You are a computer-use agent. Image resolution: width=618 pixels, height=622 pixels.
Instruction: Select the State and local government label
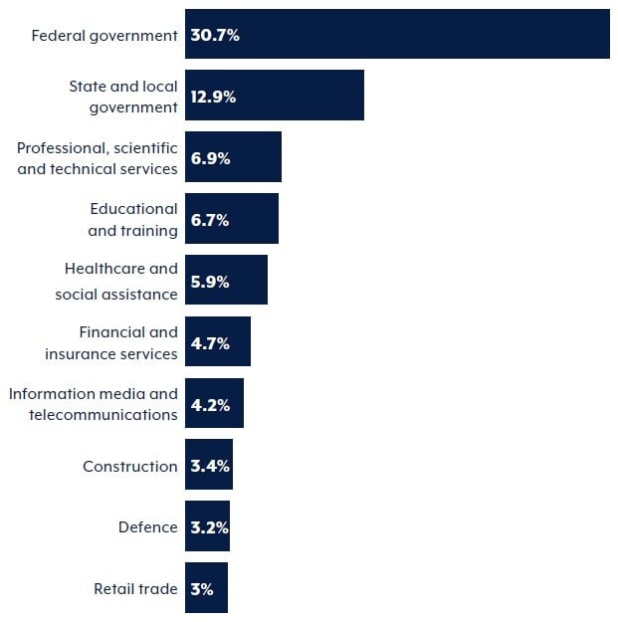tap(122, 97)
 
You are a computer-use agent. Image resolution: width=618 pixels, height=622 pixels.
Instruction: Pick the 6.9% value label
tap(210, 158)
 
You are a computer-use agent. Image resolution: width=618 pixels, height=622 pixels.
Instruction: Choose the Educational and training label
tap(133, 220)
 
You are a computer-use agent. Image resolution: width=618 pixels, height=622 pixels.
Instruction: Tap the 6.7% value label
tap(210, 220)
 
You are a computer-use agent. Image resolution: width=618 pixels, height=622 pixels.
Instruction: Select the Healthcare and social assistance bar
tap(249, 281)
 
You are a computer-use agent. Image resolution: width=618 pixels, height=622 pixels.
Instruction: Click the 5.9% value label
tap(210, 282)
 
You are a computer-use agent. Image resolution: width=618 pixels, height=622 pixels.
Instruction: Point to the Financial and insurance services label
tap(111, 343)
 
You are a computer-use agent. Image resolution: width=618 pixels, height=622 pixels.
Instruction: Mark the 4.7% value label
tap(210, 343)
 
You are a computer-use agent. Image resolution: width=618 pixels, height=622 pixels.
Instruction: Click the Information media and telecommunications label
tap(94, 404)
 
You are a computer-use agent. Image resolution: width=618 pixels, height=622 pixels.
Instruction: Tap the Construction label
tap(129, 466)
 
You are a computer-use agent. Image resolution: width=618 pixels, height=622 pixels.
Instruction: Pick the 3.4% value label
tap(210, 466)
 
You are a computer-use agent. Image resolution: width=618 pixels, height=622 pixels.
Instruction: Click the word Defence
tap(147, 527)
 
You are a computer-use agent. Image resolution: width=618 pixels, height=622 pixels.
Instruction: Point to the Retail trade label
tap(135, 588)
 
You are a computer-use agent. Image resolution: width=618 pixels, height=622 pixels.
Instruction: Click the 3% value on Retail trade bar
tap(202, 589)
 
